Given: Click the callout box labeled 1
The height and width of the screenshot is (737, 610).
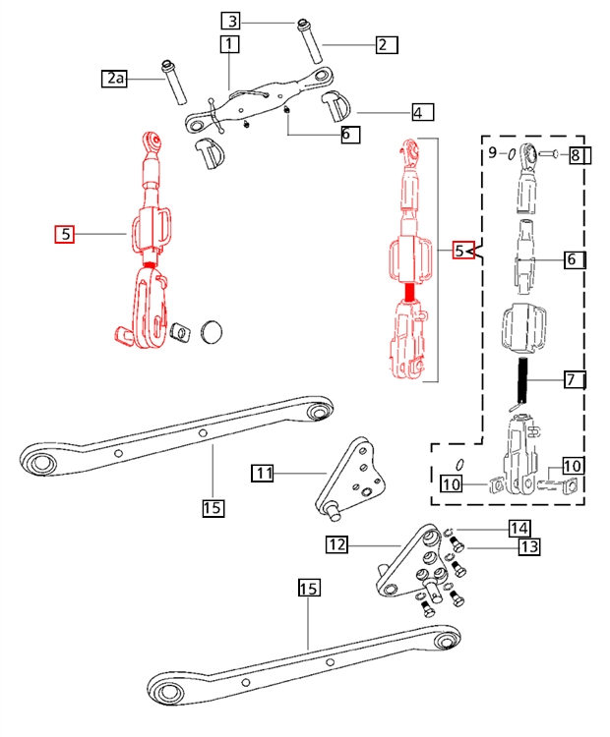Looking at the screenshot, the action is coord(229,44).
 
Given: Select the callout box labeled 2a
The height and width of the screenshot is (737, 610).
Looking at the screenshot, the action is coord(115,78).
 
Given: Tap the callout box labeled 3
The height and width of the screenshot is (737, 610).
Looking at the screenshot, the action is coord(231,22).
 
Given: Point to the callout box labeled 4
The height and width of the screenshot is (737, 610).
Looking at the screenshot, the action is coord(423,112).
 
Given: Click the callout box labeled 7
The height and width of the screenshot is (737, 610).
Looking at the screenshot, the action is coord(575,379).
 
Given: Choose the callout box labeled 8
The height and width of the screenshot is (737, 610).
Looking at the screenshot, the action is coord(579,155).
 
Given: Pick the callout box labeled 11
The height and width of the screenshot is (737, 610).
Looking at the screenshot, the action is coord(263,473).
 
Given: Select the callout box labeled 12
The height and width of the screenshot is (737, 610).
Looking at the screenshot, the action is coord(337,544).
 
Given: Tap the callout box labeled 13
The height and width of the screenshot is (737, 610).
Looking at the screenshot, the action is coord(529,546).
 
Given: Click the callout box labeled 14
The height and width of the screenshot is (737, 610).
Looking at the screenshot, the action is coord(518,529).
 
